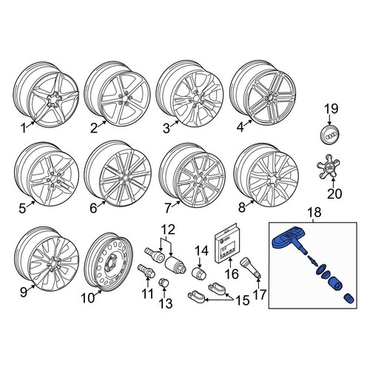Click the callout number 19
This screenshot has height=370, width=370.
331,109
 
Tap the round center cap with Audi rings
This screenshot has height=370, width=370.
330,136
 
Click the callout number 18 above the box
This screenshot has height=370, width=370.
314,212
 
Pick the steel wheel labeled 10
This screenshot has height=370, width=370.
109,261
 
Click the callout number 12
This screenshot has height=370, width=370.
168,229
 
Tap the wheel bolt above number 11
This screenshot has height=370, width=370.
147,270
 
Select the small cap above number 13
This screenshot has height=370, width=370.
163,282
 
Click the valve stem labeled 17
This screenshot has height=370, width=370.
250,269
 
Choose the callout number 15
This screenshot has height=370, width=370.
243,300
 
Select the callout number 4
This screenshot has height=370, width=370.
240,127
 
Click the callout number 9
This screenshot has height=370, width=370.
23,292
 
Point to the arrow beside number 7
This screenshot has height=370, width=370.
176,203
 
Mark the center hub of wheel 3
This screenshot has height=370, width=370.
196,98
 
